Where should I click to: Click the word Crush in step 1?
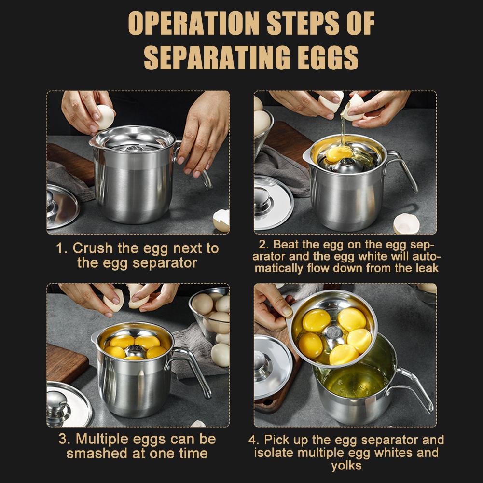pyautogui.click(x=93, y=248)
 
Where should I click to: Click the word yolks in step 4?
pyautogui.click(x=346, y=466)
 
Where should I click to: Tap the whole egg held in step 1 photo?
pyautogui.click(x=105, y=117)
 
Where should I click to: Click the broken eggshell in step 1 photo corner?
pyautogui.click(x=221, y=220)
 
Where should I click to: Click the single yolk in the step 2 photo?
pyautogui.click(x=338, y=153)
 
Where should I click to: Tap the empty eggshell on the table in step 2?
pyautogui.click(x=406, y=223)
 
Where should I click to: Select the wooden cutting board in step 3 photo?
pyautogui.click(x=66, y=363)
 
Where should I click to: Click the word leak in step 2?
pyautogui.click(x=427, y=268)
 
